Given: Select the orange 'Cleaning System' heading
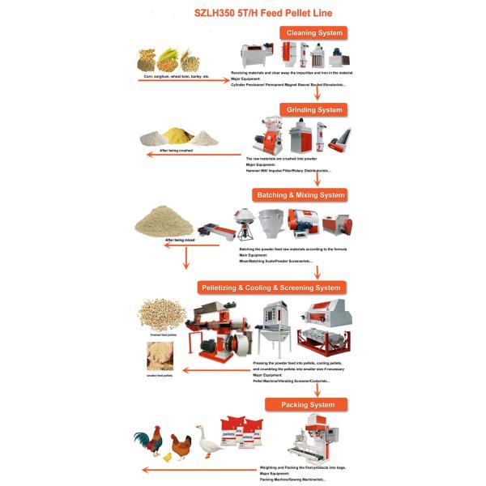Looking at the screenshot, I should [x=313, y=33].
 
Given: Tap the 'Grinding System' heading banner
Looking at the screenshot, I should [x=313, y=109].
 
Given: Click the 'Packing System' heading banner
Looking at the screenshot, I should [x=307, y=404].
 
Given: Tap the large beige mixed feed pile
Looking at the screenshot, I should [x=167, y=219].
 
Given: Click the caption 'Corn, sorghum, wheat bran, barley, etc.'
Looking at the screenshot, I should [x=176, y=76].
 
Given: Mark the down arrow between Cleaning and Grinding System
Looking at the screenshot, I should [x=316, y=92].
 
